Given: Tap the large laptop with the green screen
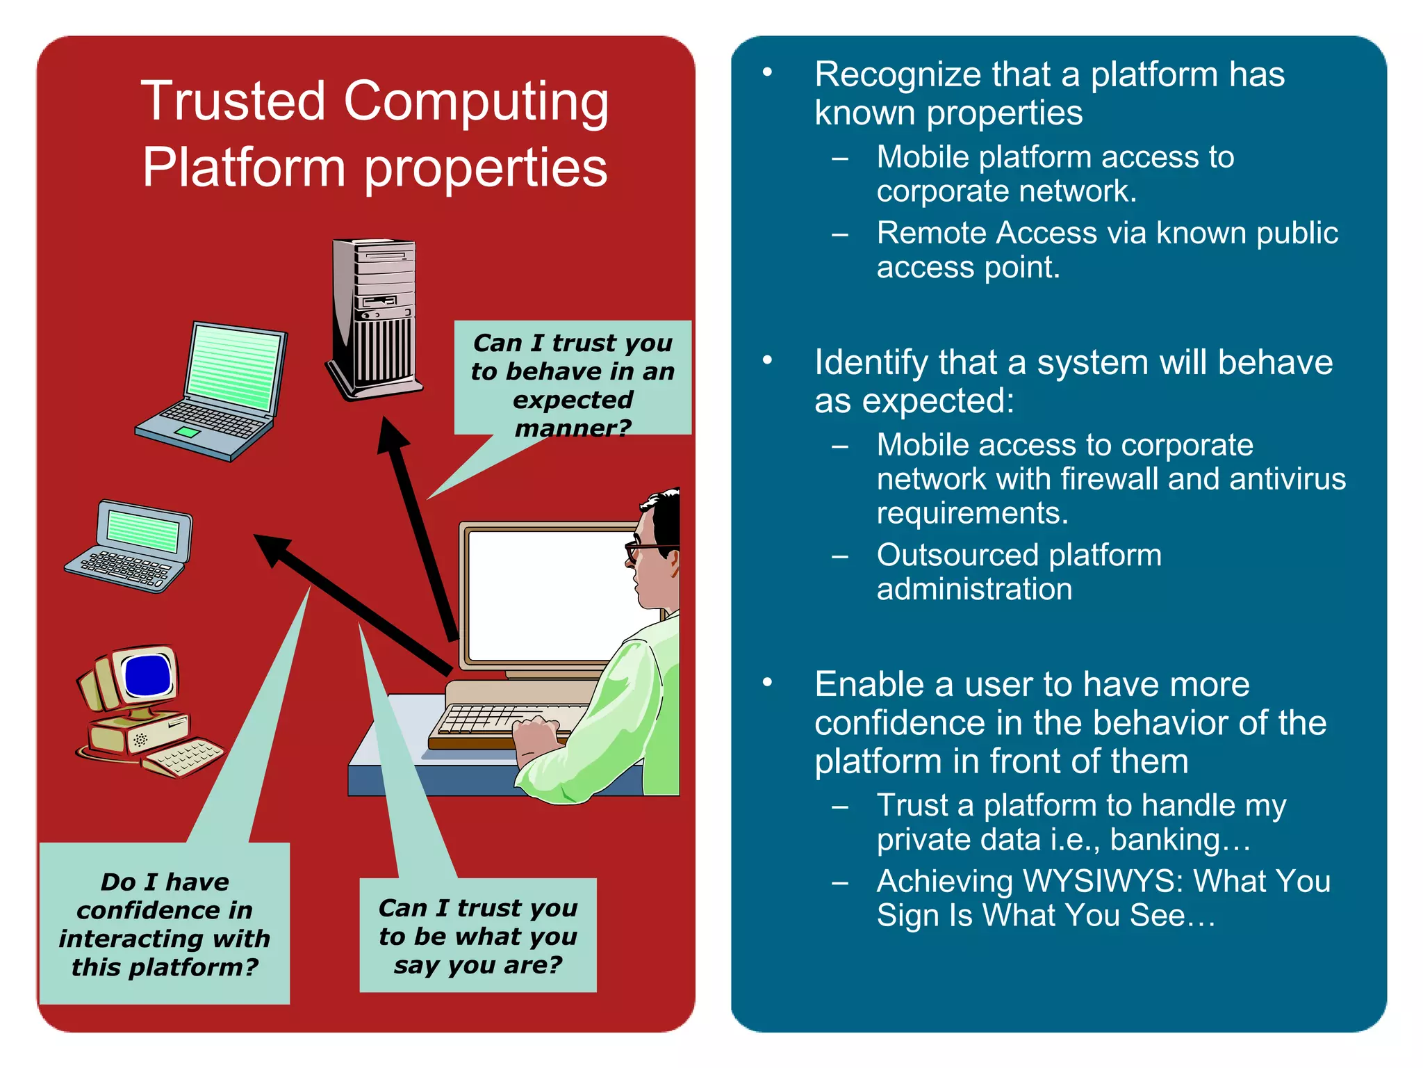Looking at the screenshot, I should pos(215,389).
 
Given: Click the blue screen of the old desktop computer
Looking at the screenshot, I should pos(147,675).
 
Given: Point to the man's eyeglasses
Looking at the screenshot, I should pos(643,549).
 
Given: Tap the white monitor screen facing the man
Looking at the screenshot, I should pos(549,594).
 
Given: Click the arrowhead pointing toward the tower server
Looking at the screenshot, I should pos(393,435).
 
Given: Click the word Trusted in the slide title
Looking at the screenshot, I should pos(233,101).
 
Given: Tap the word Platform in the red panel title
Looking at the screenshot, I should pos(243,168).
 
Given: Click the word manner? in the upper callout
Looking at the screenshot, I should pos(573,428).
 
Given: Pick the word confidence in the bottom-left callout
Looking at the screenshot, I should pos(165,910).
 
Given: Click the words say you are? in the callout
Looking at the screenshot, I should pos(478,965).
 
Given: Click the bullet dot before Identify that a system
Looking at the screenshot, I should pos(767,360).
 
